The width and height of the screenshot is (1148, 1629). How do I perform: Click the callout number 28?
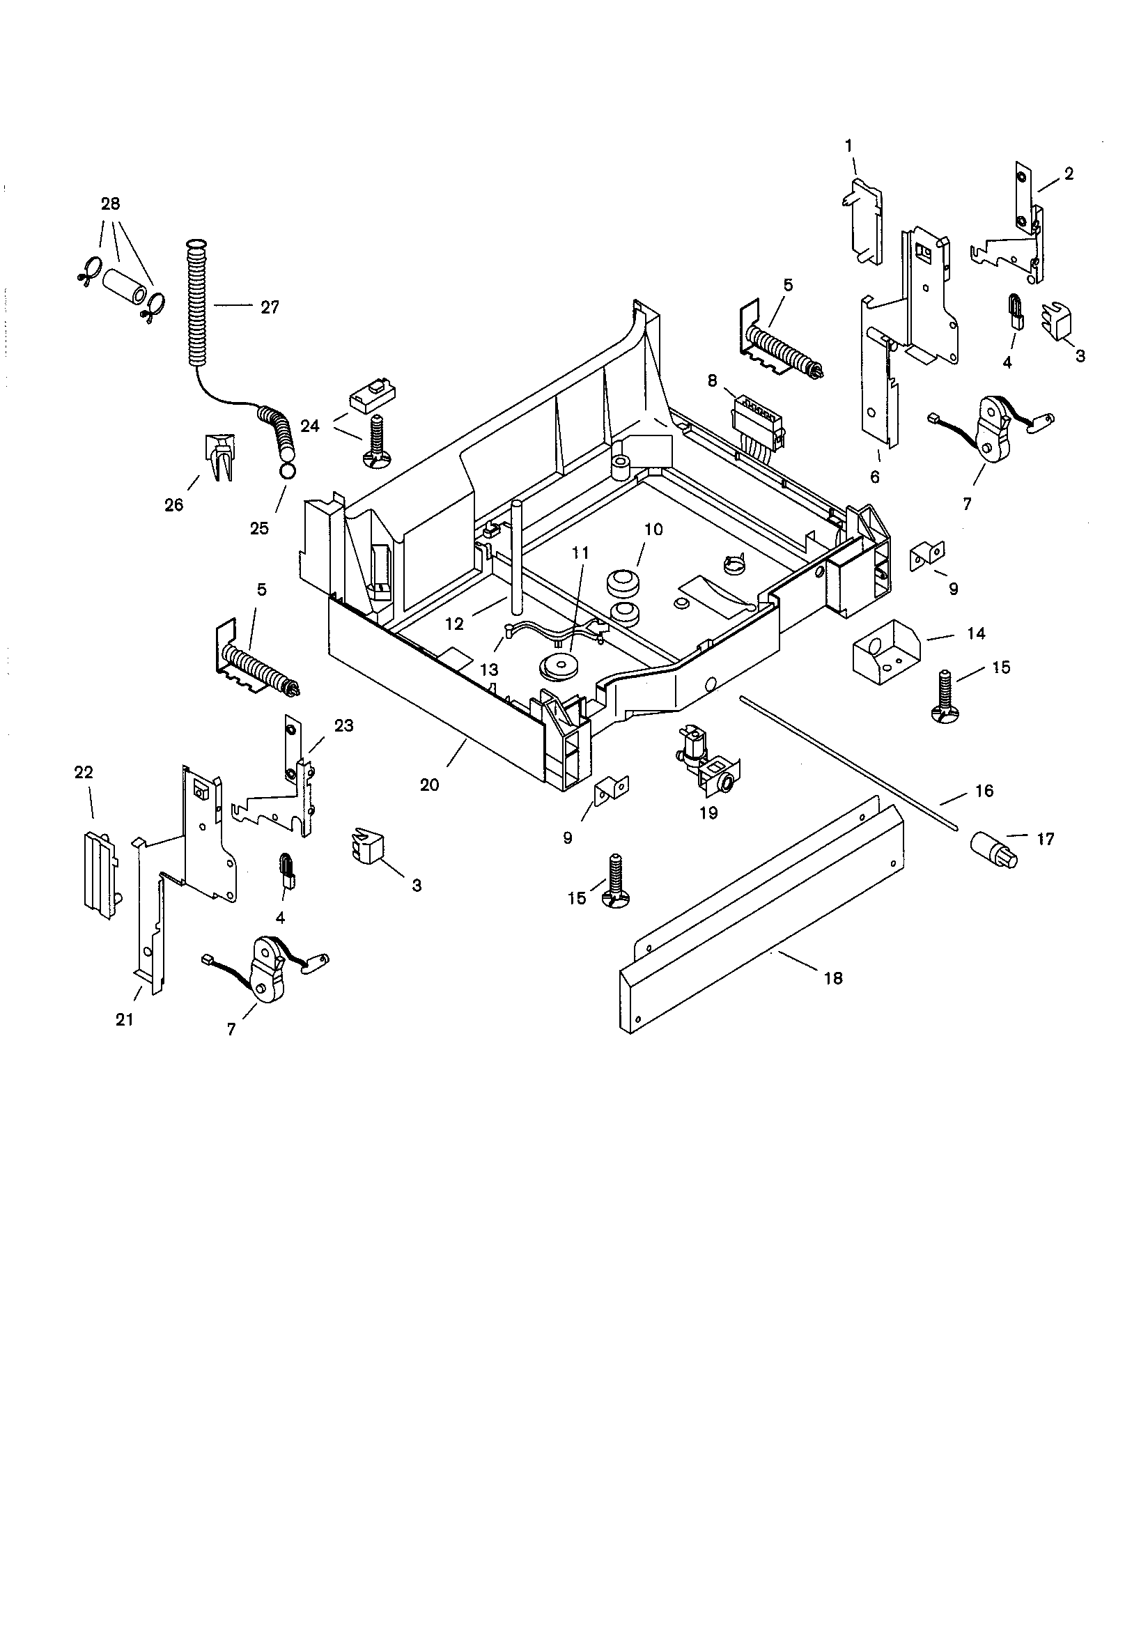tap(110, 203)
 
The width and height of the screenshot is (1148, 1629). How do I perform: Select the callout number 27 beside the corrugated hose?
tap(270, 307)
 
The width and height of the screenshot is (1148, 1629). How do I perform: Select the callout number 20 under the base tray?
tap(429, 784)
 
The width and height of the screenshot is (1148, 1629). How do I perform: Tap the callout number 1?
tap(848, 146)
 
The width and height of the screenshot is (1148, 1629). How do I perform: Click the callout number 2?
tap(1069, 173)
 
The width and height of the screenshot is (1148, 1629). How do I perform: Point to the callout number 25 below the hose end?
tap(260, 528)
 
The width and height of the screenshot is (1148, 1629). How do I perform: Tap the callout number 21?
tap(124, 1020)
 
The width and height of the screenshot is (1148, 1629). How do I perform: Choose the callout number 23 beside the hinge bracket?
tap(343, 726)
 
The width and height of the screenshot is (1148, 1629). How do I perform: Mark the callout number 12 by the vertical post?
tap(454, 624)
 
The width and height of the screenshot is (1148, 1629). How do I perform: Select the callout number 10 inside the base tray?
tap(653, 530)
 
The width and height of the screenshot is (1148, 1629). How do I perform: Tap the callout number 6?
tap(874, 477)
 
